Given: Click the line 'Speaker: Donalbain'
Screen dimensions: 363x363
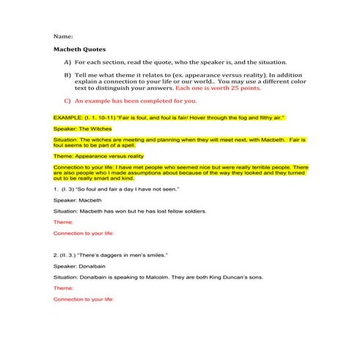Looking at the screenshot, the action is pos(81,266).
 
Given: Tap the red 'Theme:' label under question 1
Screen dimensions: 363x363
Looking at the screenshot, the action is pos(64,222).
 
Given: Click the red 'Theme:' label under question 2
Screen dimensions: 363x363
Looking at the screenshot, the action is pos(64,288).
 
